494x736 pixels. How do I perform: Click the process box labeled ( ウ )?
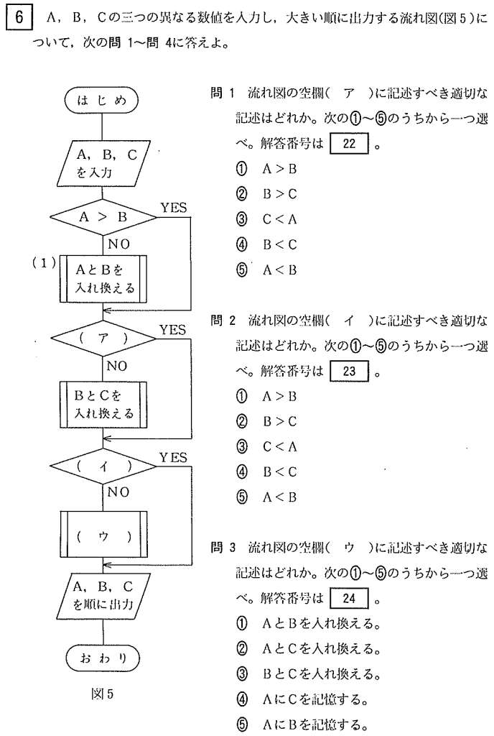(103, 536)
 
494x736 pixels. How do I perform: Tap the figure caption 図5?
(103, 695)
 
